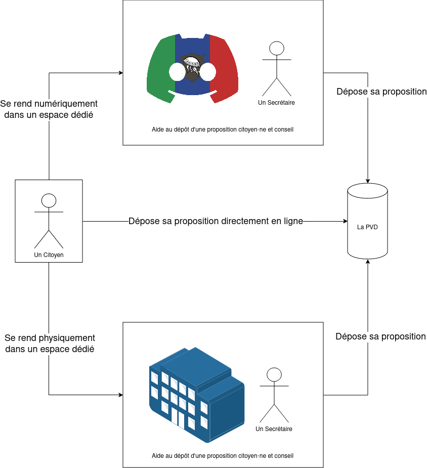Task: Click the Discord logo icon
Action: tap(192, 69)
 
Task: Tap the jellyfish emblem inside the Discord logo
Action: tap(192, 68)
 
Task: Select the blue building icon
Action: tap(197, 395)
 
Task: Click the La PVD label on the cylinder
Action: tap(367, 227)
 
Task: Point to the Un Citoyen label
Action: tap(49, 255)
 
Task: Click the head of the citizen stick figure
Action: tap(49, 200)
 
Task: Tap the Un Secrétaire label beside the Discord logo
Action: tap(276, 103)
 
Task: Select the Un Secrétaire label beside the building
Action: tap(274, 429)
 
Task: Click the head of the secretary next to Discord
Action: tap(277, 49)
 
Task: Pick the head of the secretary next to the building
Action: tap(274, 374)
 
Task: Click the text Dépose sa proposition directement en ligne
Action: tap(216, 221)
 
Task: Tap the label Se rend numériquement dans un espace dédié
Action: tap(49, 109)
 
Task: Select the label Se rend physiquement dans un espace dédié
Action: tap(50, 344)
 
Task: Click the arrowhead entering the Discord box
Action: tap(121, 73)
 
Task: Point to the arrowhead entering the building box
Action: tap(121, 395)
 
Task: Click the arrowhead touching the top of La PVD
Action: tap(368, 181)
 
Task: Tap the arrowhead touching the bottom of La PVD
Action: tap(368, 262)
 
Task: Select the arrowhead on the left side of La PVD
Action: tap(345, 221)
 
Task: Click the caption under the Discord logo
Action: tap(223, 130)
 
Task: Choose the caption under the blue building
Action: tap(223, 456)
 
